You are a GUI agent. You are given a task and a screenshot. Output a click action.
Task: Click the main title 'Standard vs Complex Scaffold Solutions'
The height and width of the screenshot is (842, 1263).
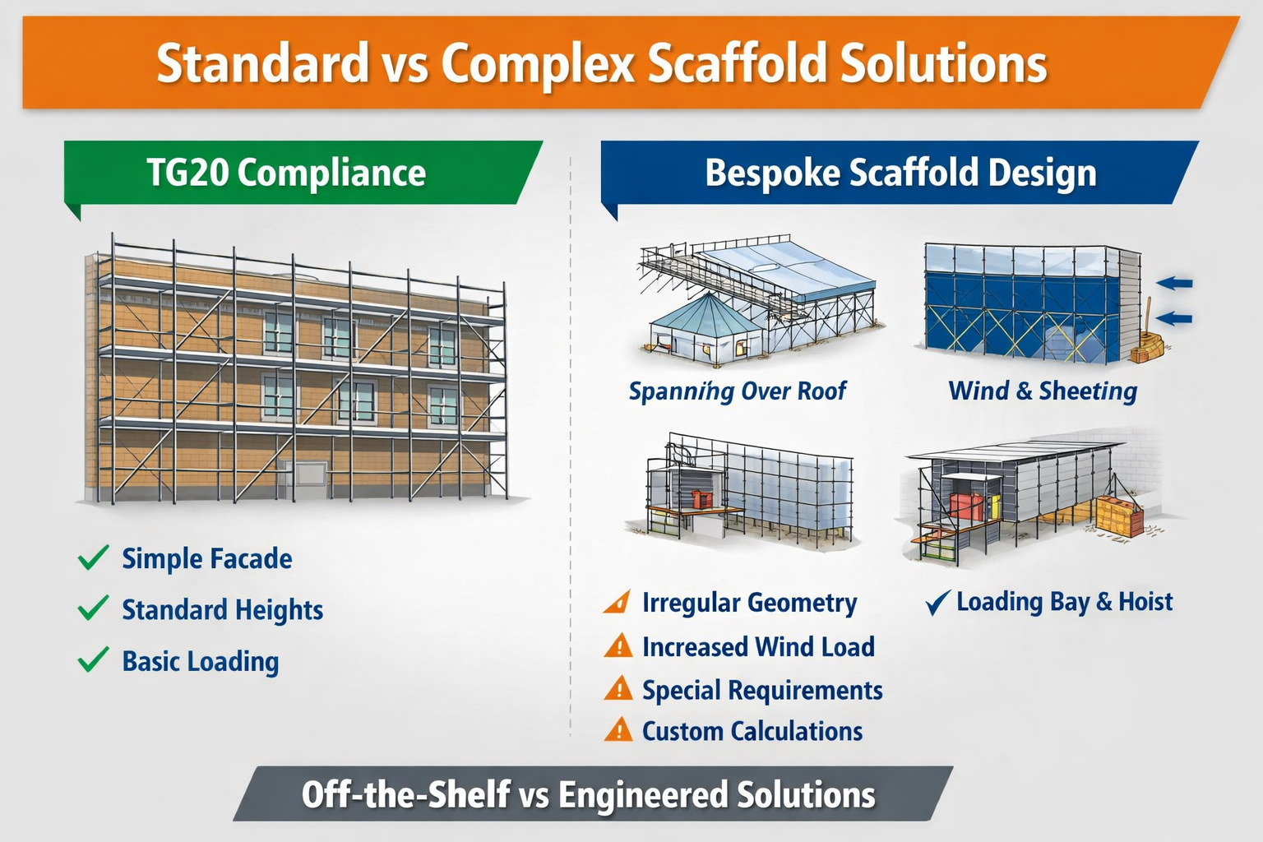coord(601,63)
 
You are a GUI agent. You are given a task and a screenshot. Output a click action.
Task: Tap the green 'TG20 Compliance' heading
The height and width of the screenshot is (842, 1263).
coord(286,173)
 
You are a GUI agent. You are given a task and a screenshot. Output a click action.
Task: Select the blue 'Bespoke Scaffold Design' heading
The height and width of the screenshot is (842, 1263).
coord(900,173)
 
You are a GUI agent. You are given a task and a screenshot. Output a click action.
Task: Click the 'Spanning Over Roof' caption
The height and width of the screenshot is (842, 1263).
coord(737,391)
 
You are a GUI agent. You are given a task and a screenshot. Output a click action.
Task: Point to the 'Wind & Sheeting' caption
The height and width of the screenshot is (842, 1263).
coord(1043,391)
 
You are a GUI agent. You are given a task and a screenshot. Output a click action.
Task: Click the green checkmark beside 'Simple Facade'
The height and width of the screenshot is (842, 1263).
coord(93,557)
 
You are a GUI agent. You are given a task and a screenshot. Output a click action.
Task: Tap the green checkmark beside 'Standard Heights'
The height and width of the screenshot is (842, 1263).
coord(93,608)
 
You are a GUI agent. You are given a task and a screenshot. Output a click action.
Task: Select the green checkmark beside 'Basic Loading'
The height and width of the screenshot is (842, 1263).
coord(93,659)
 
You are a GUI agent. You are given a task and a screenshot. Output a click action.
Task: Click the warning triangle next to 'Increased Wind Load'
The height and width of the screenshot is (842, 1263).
coord(618,646)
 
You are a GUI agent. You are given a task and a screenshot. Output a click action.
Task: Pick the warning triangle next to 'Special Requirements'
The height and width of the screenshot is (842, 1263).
coord(618,689)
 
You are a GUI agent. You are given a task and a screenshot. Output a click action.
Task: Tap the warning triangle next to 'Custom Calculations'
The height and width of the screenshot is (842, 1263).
coord(618,730)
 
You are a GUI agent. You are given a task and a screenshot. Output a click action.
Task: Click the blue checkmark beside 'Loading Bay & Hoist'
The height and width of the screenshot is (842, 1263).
coord(937,603)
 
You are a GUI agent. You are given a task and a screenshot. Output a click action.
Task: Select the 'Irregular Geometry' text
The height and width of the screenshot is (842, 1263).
coord(749,603)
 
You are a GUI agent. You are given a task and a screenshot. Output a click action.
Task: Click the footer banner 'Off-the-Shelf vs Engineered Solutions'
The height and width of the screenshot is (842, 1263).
coord(589,795)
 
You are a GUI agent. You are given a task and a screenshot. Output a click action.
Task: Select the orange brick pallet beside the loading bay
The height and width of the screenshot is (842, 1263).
coord(1119,516)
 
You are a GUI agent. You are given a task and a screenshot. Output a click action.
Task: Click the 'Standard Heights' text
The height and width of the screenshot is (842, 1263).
coord(222,610)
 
